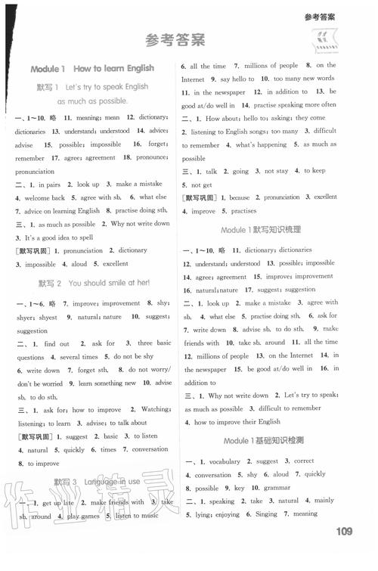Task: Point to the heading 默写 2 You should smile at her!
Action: pos(94,283)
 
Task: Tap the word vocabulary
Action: pos(225,461)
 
